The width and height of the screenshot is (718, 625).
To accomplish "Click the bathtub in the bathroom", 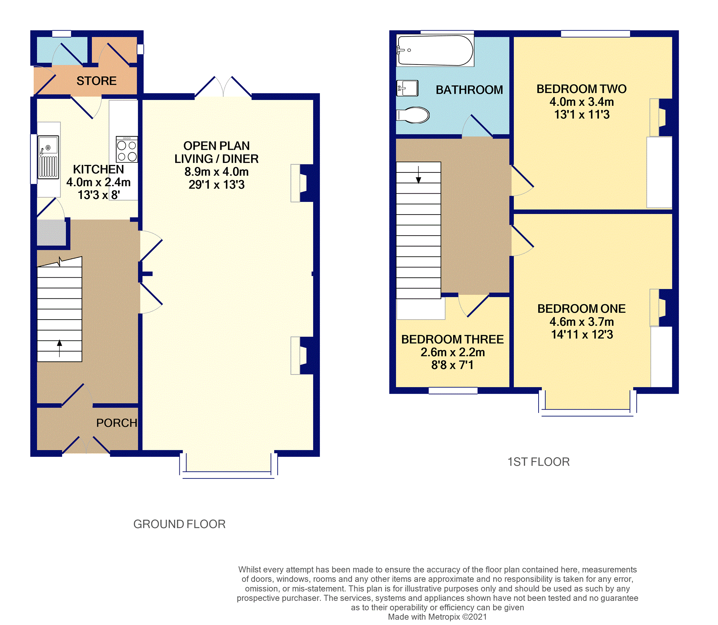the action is [435, 50].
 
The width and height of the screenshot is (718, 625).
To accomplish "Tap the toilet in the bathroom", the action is [413, 115].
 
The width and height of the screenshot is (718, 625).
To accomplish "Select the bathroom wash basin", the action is [407, 88].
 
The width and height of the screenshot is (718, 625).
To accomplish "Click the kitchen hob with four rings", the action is [127, 149].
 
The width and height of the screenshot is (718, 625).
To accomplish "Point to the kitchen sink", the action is [48, 157].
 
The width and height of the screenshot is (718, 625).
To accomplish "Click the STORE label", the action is [96, 81].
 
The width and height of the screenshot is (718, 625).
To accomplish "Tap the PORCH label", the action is [117, 423].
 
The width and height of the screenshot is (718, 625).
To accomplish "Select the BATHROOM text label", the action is [469, 90].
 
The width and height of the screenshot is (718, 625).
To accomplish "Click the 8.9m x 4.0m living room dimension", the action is [216, 172].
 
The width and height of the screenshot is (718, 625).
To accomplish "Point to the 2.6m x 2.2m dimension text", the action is [452, 352].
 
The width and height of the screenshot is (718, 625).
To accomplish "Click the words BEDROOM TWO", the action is [581, 89].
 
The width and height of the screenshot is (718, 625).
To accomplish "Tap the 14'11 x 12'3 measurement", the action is [582, 334].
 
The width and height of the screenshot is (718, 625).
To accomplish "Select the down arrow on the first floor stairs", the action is [418, 175].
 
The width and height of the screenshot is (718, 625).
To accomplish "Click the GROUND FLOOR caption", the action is [179, 524].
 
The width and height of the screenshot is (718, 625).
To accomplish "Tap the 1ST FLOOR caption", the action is [539, 462].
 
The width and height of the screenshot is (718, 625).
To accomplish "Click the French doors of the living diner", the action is [223, 87].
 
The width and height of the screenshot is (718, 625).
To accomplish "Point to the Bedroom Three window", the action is [453, 391].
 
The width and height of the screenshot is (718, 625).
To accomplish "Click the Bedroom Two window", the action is [595, 34].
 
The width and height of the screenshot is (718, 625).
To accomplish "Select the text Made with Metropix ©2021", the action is [437, 617].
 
